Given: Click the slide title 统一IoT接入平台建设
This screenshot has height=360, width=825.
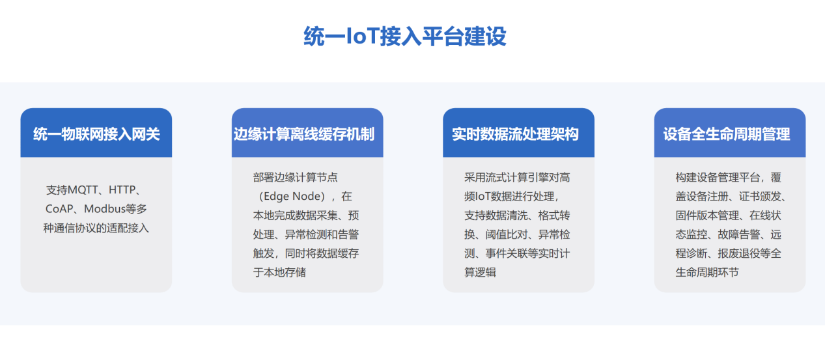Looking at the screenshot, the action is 405,36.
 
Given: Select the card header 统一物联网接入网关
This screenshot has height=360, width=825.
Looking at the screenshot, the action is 96,134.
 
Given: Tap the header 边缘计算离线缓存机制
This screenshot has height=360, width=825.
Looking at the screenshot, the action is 304,134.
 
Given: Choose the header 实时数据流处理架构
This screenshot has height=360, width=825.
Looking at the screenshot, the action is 515,134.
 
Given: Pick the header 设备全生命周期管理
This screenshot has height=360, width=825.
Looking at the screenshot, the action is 727,134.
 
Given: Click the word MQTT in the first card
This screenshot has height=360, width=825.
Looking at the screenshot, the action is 83,190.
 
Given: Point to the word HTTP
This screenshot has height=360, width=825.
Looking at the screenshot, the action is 122,190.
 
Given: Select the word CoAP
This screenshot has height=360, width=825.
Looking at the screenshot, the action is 59,209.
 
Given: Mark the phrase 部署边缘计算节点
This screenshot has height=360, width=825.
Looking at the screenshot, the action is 296,178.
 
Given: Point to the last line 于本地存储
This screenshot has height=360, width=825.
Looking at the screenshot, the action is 279,272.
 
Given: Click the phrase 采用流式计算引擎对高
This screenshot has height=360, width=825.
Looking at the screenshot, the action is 517,178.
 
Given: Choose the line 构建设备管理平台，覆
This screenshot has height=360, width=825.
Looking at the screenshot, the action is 729,178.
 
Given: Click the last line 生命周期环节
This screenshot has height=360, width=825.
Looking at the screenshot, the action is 707,272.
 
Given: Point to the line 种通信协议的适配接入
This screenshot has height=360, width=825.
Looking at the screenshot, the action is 96,228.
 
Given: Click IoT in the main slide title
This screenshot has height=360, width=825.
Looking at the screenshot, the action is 363,36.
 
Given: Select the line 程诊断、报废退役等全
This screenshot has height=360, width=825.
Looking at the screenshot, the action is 729,253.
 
